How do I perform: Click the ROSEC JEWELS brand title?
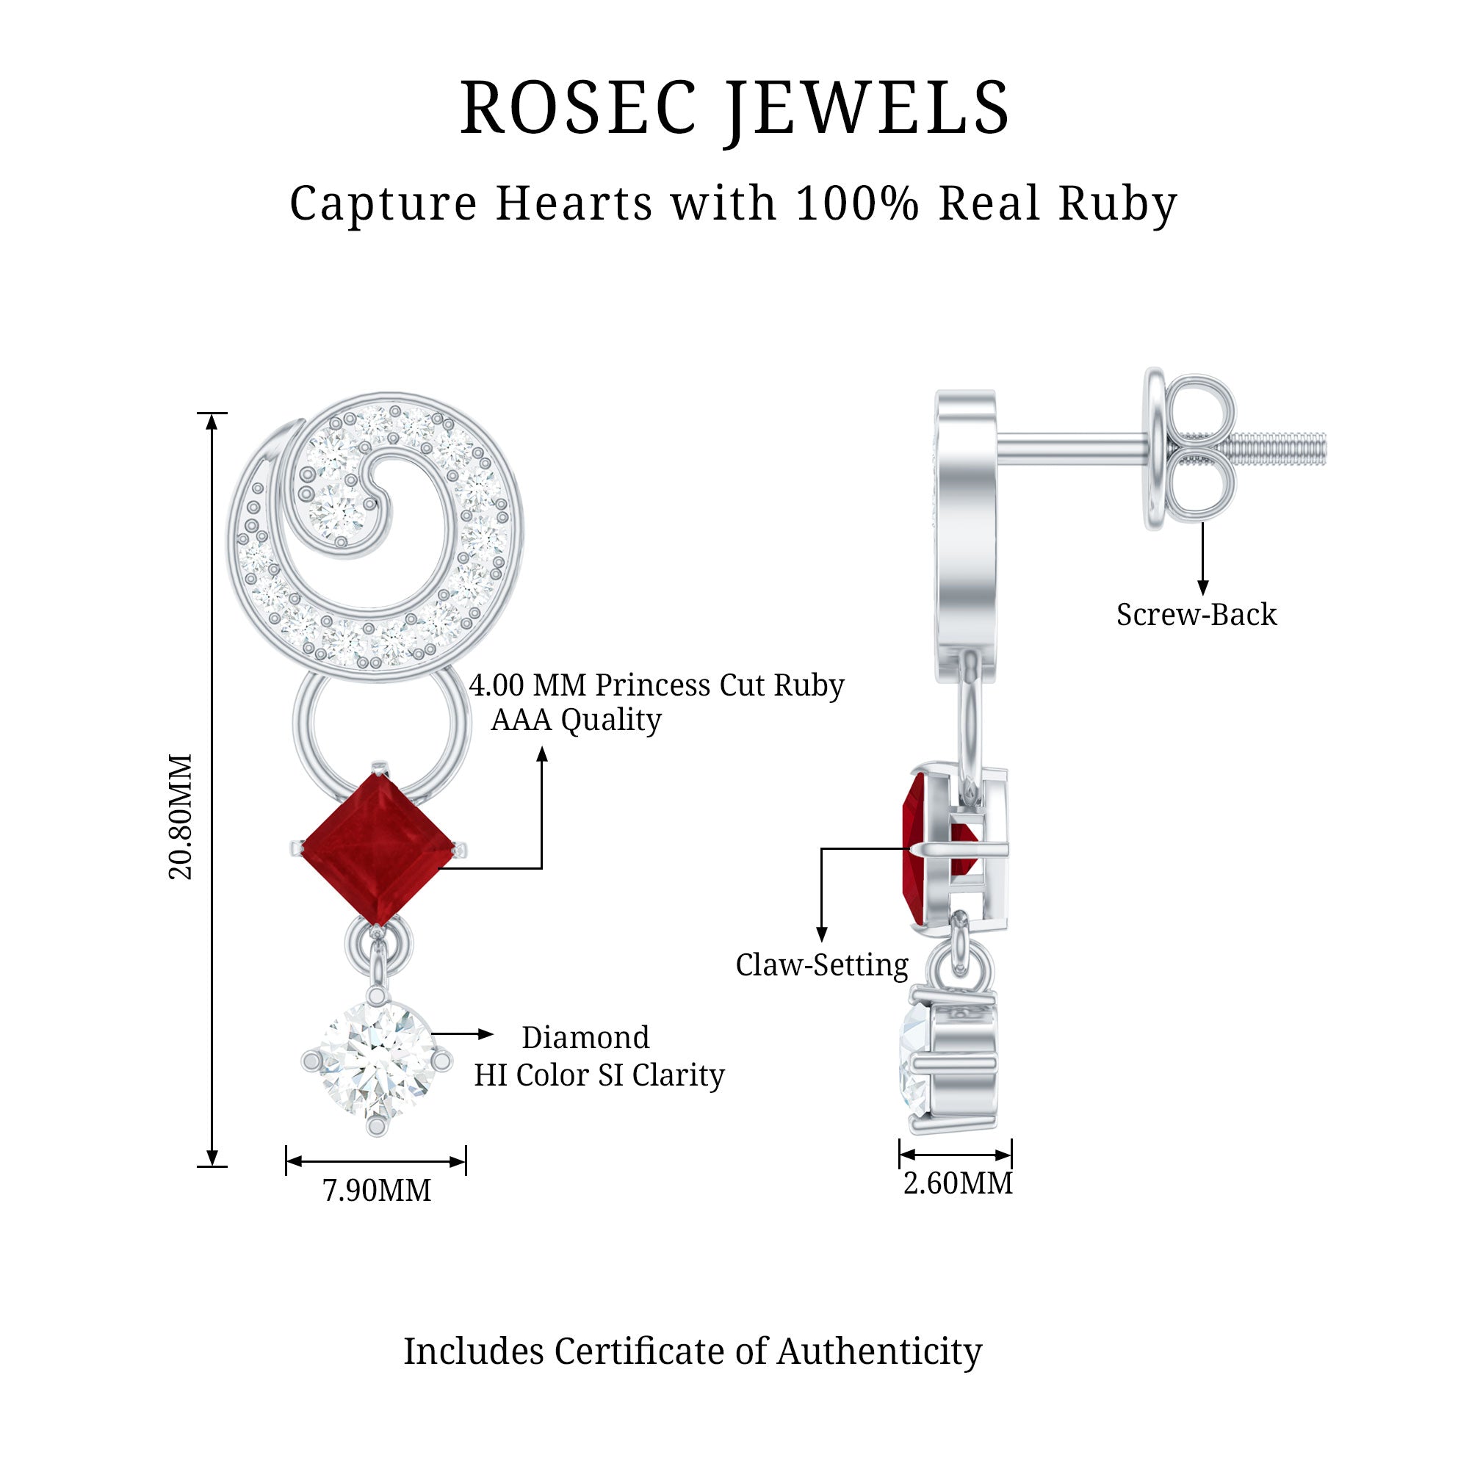tap(734, 108)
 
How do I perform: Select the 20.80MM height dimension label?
tap(181, 817)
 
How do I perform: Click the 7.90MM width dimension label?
tap(376, 1190)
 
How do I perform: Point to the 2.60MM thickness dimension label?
tap(957, 1183)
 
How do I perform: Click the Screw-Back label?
tap(1196, 614)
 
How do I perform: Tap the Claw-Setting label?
tap(821, 965)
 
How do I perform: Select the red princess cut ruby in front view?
tap(377, 849)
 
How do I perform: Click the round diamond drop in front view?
tap(376, 1060)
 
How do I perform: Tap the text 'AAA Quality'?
tap(577, 719)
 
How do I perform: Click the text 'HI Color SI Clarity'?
tap(599, 1075)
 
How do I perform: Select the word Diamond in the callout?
tap(585, 1037)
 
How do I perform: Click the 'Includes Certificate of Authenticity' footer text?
tap(692, 1351)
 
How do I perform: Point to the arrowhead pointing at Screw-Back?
tap(1202, 587)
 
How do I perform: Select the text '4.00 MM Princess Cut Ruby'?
tap(656, 685)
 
